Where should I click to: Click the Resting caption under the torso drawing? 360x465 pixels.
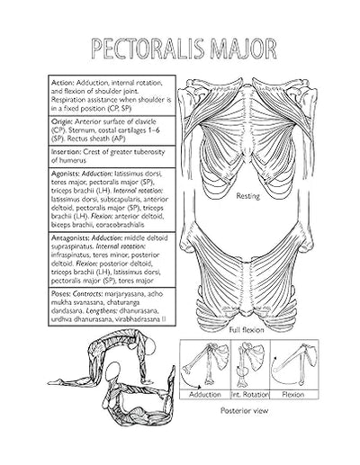[248, 195]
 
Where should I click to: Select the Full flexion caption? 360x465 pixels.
[248, 330]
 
